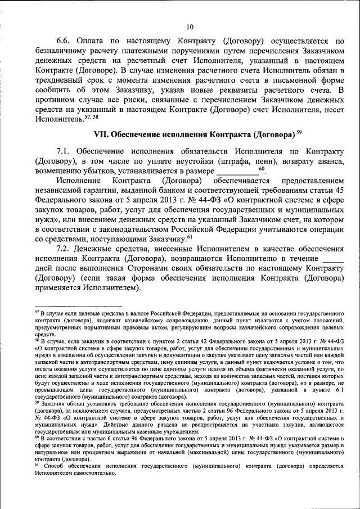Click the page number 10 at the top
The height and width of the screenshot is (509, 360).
[x=190, y=26]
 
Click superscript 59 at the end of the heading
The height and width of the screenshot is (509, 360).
[x=299, y=133]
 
